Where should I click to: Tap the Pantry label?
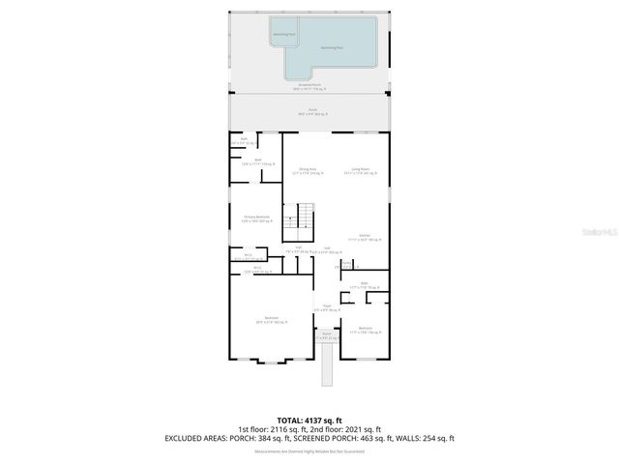(345, 263)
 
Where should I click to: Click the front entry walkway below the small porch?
(325, 363)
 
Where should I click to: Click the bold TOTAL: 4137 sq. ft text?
(309, 419)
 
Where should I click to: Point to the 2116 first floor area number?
(292, 428)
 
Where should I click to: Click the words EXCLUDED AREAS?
(196, 438)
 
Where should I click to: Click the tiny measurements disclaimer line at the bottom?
(309, 450)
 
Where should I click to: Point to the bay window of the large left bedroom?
(268, 362)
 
